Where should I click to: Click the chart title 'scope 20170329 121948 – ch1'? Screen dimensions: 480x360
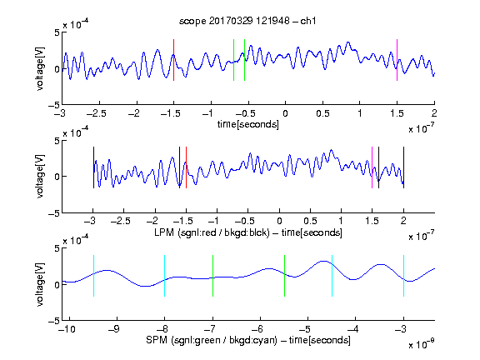coord(247,21)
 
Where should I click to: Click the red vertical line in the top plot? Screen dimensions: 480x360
coord(173,60)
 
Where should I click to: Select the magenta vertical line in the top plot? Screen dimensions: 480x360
coord(397,60)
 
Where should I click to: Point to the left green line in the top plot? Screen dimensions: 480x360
coord(233,60)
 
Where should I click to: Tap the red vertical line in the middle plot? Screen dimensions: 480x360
coord(186,167)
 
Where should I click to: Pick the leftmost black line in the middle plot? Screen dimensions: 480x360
coord(93,167)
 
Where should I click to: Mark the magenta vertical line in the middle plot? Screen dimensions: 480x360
coord(372,167)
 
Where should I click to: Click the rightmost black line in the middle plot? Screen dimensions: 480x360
coord(403,167)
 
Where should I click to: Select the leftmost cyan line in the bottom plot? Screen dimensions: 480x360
coord(93,276)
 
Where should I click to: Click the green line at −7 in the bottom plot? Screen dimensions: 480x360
coord(212,276)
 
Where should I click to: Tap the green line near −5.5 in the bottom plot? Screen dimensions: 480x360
coord(284,276)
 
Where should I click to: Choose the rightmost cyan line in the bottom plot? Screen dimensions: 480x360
coord(403,276)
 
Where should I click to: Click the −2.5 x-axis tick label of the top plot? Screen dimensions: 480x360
coord(97,113)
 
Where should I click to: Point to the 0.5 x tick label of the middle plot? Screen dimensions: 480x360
coord(310,221)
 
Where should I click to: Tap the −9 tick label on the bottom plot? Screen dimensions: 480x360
coord(114,329)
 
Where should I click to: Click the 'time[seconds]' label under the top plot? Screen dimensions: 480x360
coord(248,124)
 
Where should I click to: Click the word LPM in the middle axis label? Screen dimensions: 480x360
coord(164,232)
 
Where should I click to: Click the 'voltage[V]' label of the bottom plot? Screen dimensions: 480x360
coord(40,284)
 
